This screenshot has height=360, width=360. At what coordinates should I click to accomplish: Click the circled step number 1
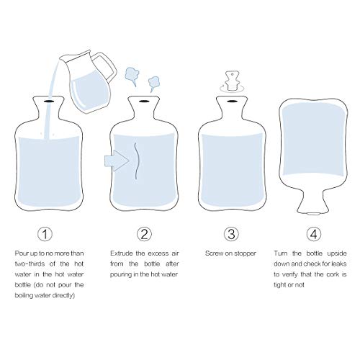(45, 234)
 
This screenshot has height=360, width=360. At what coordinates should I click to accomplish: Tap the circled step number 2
(144, 234)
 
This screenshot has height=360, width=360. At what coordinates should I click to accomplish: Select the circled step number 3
(231, 234)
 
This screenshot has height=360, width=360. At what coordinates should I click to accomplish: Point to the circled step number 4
(314, 234)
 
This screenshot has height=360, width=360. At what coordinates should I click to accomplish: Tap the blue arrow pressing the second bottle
(117, 161)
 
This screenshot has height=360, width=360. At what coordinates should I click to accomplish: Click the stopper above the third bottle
(232, 81)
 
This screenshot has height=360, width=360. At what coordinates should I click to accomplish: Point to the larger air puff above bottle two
(132, 76)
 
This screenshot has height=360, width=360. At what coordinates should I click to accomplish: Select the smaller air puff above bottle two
(153, 84)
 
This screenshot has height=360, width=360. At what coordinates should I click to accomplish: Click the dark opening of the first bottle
(49, 102)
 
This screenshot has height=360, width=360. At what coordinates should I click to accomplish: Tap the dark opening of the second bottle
(144, 102)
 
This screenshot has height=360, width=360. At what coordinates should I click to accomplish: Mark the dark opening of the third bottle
(231, 102)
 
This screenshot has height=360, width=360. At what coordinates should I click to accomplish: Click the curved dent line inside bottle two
(138, 161)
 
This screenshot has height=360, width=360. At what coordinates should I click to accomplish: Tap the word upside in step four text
(337, 254)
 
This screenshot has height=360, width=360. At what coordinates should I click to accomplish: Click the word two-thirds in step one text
(30, 264)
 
